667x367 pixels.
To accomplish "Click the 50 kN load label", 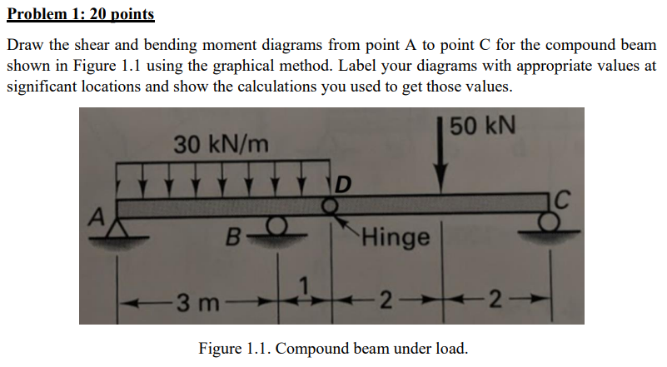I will tap(485, 127).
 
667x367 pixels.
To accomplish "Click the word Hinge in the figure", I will tap(396, 238).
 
